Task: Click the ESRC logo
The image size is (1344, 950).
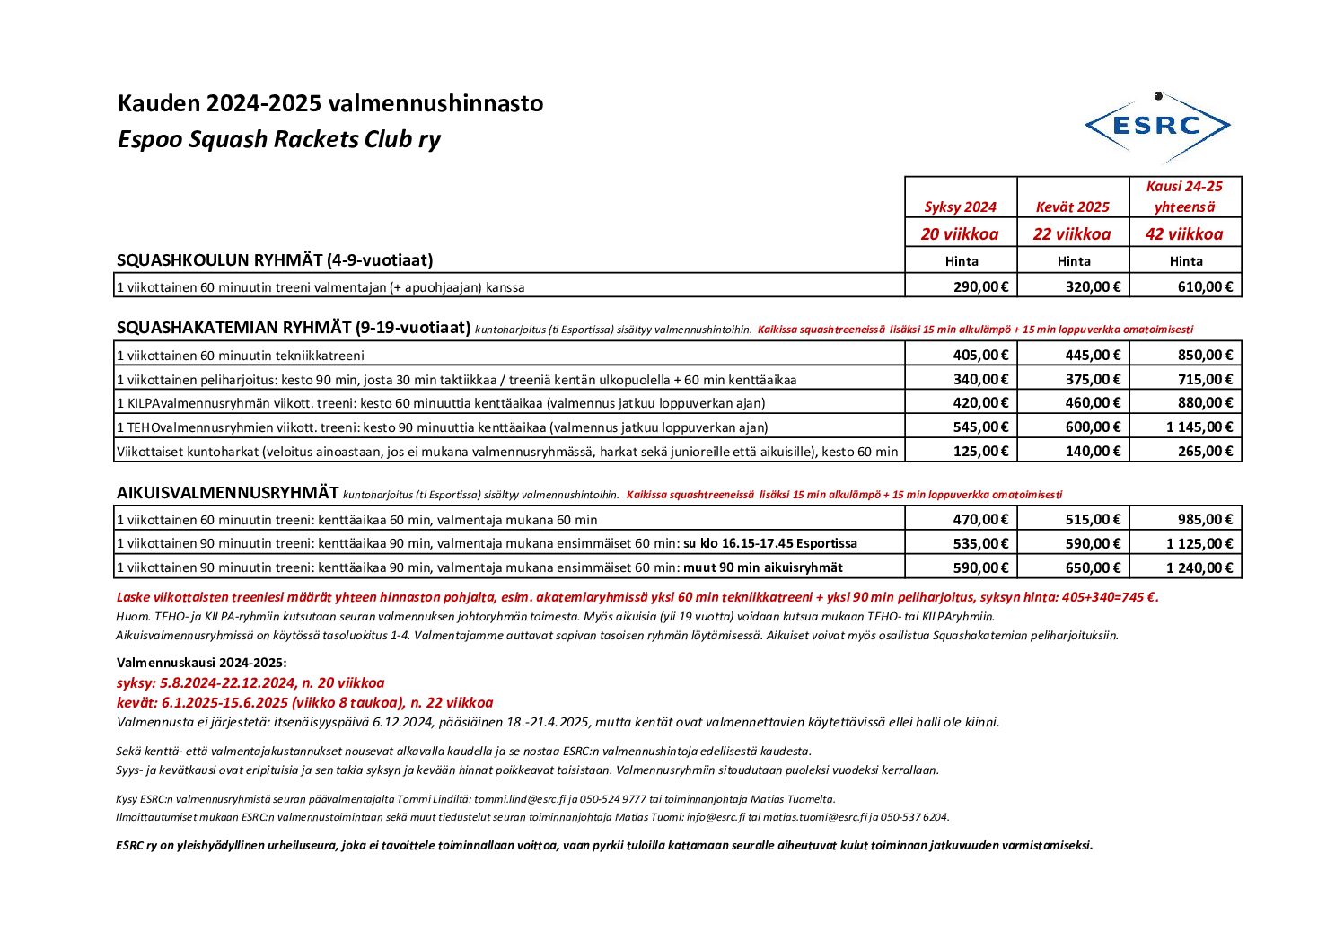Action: coord(1157,127)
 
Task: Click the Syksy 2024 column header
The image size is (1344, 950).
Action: coord(960,207)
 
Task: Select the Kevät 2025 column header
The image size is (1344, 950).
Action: coord(1072,207)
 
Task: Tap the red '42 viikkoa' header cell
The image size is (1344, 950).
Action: coord(1184,233)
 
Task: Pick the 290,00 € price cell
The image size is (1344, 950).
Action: coord(980,286)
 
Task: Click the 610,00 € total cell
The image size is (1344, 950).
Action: coord(1205,286)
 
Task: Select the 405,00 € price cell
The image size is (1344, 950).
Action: coord(980,355)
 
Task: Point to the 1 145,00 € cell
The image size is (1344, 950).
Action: coord(1199,427)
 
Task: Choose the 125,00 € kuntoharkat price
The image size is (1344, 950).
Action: coord(980,451)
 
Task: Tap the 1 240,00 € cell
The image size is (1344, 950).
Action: coord(1199,567)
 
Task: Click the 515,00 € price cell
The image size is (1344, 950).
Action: coord(1093,519)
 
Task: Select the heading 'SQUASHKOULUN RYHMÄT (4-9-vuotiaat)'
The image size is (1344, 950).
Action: coord(275,260)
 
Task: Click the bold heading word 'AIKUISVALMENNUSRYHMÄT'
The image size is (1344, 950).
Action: coord(227,492)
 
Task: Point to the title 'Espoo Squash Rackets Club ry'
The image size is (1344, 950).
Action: coord(278,139)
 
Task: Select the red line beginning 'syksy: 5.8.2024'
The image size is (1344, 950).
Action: coord(250,682)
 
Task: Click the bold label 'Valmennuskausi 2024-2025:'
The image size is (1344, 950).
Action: coord(201,663)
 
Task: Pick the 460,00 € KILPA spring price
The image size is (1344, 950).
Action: coord(1093,402)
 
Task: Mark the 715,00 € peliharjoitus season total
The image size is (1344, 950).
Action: coord(1205,379)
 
